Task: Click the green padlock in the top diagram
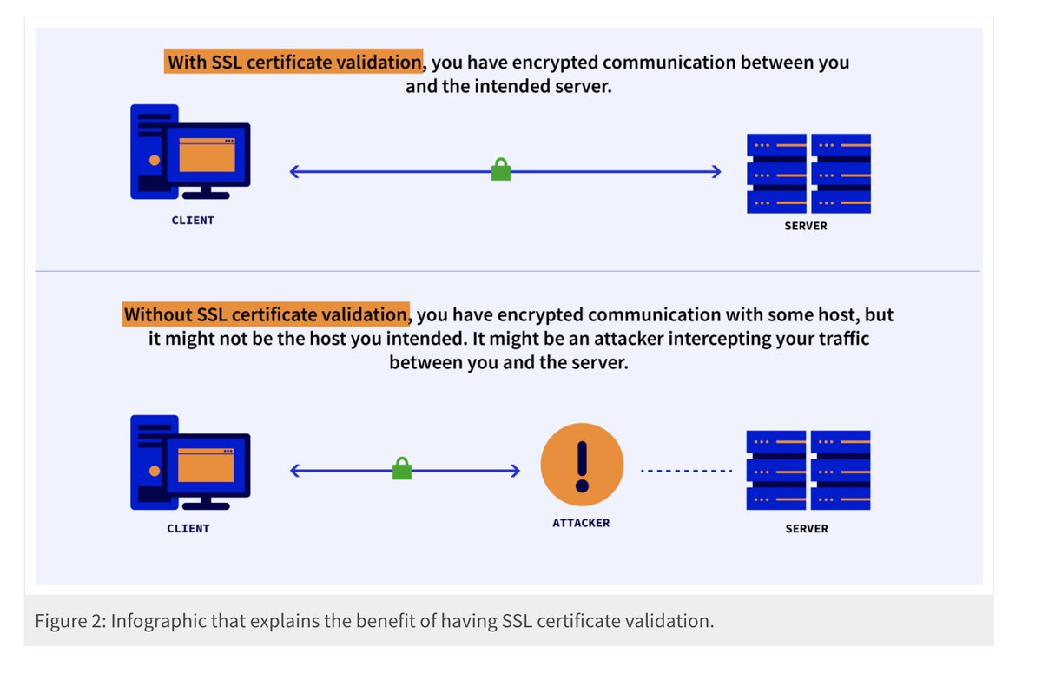tap(501, 169)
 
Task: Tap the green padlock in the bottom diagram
tap(401, 469)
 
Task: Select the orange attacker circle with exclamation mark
tap(582, 465)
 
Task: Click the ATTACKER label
tap(581, 523)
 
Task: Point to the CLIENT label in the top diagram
tap(193, 221)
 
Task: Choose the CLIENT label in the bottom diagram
tap(188, 528)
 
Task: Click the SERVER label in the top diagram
tap(807, 226)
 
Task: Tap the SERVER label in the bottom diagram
tap(807, 528)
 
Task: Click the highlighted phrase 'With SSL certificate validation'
tap(293, 63)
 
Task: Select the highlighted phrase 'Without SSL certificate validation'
tap(266, 314)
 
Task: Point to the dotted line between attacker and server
tap(686, 471)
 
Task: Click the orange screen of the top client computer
tap(207, 154)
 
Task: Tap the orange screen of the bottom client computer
tap(206, 465)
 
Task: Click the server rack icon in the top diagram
tap(808, 173)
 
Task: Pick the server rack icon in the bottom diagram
tap(808, 470)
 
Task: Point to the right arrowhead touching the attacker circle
tap(514, 471)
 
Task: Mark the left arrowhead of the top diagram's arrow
tap(295, 171)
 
